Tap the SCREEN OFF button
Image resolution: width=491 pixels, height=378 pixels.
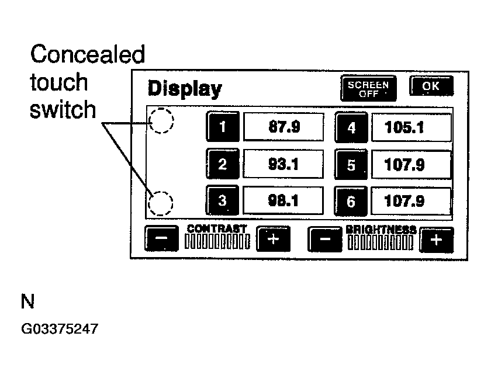(368, 88)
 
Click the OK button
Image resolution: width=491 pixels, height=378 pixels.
(431, 87)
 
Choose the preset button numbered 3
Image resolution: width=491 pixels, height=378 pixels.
(222, 201)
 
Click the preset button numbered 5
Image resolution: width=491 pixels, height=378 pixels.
(351, 165)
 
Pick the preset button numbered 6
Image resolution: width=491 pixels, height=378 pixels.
(351, 202)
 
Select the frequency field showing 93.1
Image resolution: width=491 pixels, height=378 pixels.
(283, 164)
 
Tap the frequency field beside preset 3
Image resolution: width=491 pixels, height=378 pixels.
(283, 201)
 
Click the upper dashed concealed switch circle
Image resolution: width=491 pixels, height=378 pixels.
(161, 121)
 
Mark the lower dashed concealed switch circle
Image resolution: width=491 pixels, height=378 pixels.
(161, 203)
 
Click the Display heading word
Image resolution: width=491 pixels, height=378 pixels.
(184, 89)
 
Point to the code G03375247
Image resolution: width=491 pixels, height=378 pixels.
(59, 330)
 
